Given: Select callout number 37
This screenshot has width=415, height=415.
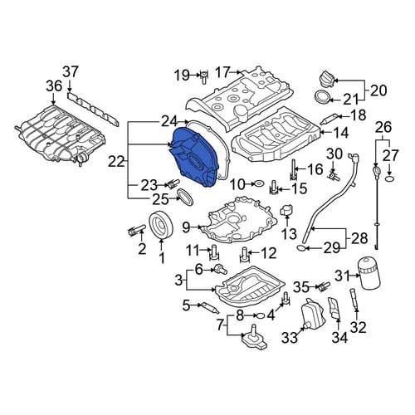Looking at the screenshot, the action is tap(71, 72).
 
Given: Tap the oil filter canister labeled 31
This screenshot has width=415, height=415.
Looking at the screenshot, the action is tap(370, 276).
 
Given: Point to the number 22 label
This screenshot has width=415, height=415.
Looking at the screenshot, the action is tap(116, 161).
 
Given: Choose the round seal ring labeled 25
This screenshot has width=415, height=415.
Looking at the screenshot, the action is tap(185, 197).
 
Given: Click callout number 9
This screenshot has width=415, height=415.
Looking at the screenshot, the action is tap(186, 227).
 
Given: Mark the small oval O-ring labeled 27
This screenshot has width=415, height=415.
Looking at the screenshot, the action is tap(388, 178).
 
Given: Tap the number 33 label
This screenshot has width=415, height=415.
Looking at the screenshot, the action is tap(290, 337).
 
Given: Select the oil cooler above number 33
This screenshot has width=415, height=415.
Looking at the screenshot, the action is tap(312, 313).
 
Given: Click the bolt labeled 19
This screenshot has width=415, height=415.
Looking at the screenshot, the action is tap(203, 76).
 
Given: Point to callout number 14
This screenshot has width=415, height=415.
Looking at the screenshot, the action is tap(340, 133).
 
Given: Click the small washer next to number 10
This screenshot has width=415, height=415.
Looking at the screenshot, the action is tap(259, 183).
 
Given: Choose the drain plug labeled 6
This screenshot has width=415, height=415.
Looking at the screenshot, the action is tap(221, 269).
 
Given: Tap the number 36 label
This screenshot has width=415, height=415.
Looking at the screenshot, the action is tap(54, 85).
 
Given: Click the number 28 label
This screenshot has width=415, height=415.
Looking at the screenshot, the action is tap(359, 237).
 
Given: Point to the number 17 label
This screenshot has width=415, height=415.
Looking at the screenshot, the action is tap(222, 72).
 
